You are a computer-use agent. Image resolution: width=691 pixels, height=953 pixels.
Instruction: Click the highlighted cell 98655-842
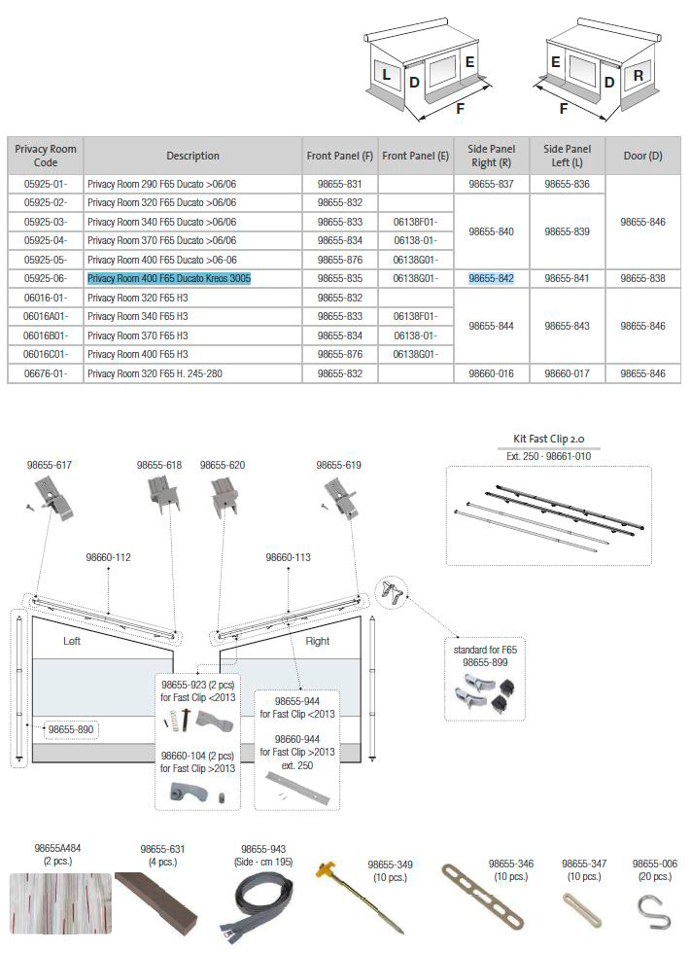(x=491, y=278)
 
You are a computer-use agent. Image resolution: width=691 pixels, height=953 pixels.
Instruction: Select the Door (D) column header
(x=642, y=156)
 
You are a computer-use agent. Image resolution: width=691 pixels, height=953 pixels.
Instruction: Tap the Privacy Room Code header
(x=46, y=156)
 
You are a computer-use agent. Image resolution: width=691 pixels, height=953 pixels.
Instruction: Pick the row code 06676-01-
(x=46, y=373)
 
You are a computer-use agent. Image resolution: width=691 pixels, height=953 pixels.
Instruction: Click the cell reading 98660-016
(x=491, y=373)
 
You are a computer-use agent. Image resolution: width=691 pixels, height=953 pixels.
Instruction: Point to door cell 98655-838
(x=642, y=278)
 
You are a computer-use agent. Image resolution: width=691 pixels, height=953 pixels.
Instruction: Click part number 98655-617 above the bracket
(x=50, y=466)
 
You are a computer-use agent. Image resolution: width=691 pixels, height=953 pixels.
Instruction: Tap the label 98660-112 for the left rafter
(x=108, y=557)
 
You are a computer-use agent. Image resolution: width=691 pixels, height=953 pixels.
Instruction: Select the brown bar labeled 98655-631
(x=157, y=900)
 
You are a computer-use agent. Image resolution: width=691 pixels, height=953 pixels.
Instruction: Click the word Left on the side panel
(x=71, y=641)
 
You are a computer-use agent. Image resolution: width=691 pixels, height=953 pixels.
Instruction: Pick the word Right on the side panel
(x=317, y=641)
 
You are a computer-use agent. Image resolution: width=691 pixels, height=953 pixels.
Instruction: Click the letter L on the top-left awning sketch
(x=386, y=75)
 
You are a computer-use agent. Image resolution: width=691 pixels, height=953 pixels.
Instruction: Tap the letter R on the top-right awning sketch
(x=638, y=75)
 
